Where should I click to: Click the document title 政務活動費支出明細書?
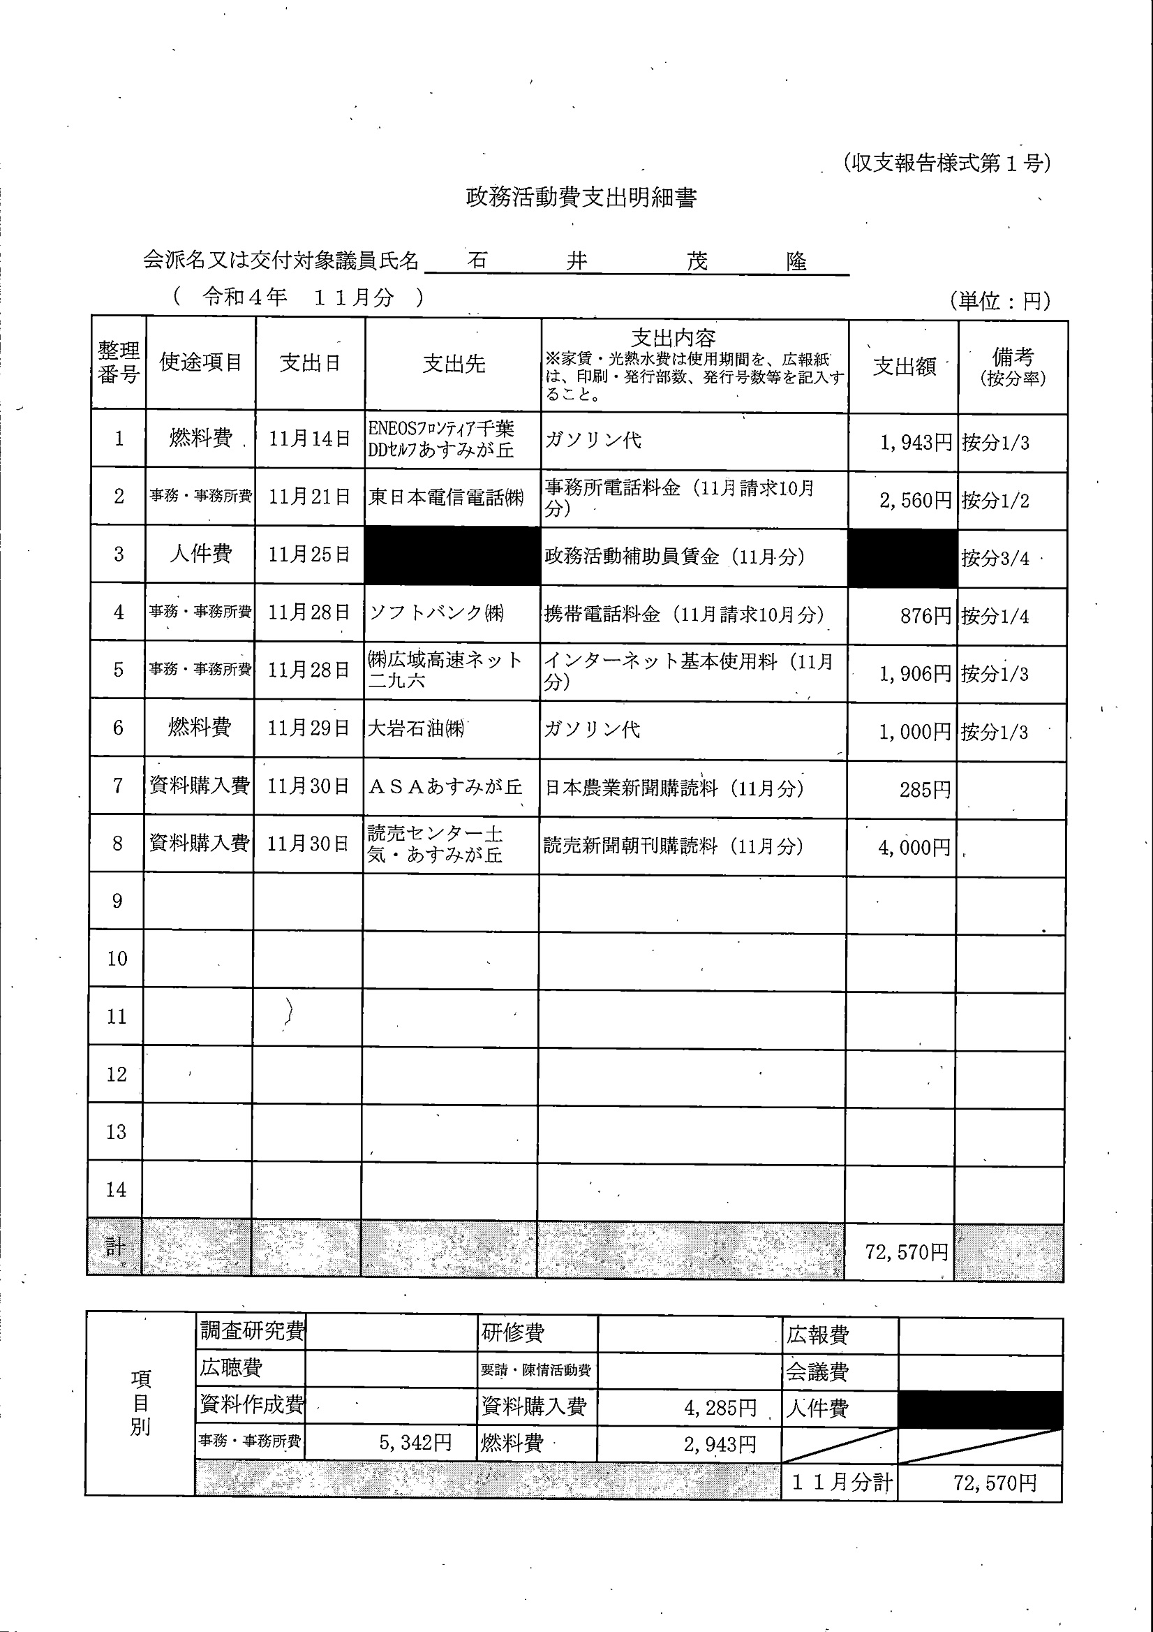tap(581, 198)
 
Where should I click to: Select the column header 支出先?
tap(453, 364)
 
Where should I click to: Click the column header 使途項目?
tap(200, 362)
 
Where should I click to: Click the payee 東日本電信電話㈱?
tap(446, 497)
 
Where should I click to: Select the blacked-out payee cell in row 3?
tap(452, 556)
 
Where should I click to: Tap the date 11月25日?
tap(309, 554)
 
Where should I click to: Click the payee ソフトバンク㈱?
tap(436, 613)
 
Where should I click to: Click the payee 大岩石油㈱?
tap(415, 728)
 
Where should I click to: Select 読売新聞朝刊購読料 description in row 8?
tap(673, 846)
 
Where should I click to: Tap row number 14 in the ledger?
tap(117, 1190)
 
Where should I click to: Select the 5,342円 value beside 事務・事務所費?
tap(415, 1442)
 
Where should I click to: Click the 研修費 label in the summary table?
tap(512, 1332)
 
